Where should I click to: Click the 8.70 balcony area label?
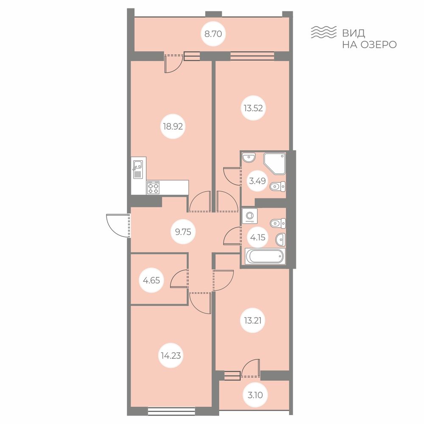pyautogui.click(x=213, y=34)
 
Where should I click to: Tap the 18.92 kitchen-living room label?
pyautogui.click(x=173, y=126)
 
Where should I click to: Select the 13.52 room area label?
pyautogui.click(x=253, y=109)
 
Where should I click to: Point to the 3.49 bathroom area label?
pyautogui.click(x=257, y=181)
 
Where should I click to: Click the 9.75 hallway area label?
pyautogui.click(x=183, y=232)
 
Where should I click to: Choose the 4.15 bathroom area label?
pyautogui.click(x=258, y=237)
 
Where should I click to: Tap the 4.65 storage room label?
pyautogui.click(x=151, y=281)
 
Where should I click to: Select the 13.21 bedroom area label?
pyautogui.click(x=253, y=321)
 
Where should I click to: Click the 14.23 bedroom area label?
pyautogui.click(x=171, y=356)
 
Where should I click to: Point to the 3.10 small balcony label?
pyautogui.click(x=255, y=395)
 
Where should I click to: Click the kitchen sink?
pyautogui.click(x=138, y=169)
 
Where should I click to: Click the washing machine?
pyautogui.click(x=250, y=216)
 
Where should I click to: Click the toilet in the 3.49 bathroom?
pyautogui.click(x=278, y=186)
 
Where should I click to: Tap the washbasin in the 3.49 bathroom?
pyautogui.click(x=249, y=158)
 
